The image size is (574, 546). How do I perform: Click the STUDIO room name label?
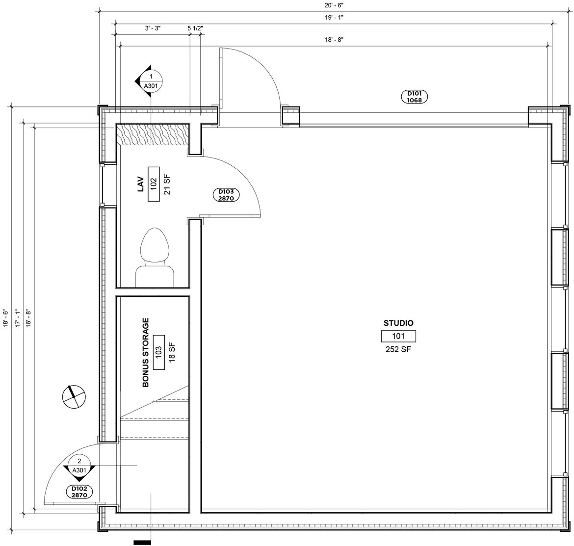click(398, 323)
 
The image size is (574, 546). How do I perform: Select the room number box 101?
click(398, 336)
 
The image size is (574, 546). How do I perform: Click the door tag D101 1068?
click(415, 97)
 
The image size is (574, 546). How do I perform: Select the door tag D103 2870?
click(226, 195)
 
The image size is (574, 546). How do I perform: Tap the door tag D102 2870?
click(79, 492)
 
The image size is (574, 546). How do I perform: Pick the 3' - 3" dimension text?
click(153, 29)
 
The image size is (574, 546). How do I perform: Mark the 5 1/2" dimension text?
click(195, 29)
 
